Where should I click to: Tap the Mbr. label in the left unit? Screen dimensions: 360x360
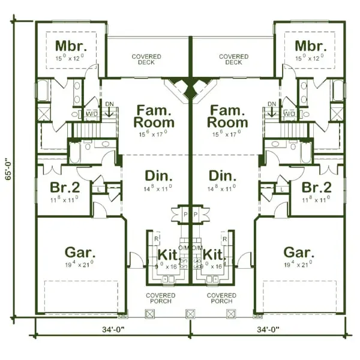71,46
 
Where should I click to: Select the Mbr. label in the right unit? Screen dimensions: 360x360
310,46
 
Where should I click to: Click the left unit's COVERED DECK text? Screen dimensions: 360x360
146,59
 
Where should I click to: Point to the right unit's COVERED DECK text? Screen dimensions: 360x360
233,59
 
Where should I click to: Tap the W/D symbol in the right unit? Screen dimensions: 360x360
289,113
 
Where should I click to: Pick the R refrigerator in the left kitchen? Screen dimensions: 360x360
157,238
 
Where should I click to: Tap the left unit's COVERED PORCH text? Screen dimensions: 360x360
161,298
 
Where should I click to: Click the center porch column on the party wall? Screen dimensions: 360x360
191,313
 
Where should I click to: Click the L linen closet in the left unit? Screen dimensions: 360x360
99,190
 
